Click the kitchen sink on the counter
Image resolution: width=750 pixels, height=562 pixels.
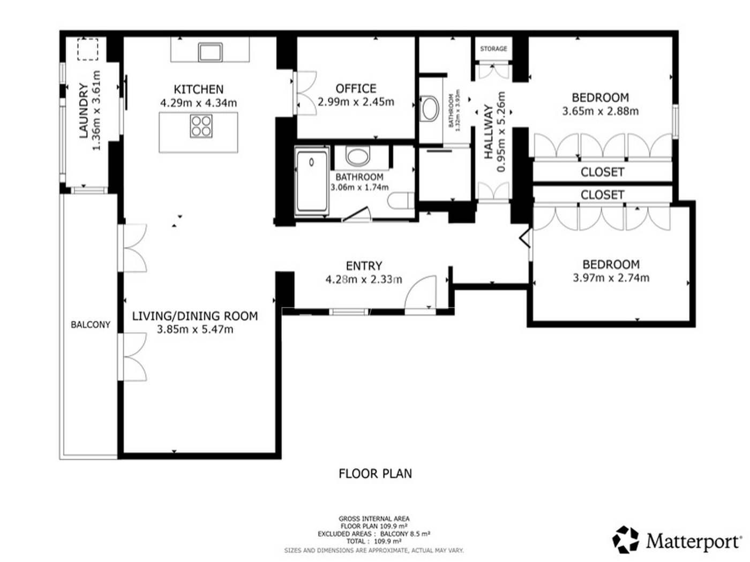[x=210, y=52]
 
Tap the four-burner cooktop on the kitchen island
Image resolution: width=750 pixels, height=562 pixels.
[x=201, y=126]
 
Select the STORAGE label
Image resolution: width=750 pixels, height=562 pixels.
[x=493, y=49]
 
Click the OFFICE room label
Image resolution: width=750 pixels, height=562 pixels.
[x=356, y=89]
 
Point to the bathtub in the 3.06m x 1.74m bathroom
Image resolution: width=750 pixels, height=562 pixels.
[x=311, y=181]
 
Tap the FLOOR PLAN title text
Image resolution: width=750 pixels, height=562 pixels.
[x=375, y=474]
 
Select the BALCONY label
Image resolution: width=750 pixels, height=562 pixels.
[x=91, y=324]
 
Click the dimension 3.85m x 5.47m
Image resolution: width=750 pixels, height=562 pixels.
[x=195, y=330]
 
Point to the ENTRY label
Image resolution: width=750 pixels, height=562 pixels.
[x=364, y=266]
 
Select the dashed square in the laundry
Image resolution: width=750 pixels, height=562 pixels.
[x=88, y=49]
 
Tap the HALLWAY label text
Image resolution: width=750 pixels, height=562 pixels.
[x=489, y=132]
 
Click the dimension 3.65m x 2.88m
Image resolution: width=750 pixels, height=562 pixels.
[x=601, y=111]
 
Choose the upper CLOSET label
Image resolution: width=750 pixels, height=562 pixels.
[x=603, y=172]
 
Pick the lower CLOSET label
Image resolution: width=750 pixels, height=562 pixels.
[x=603, y=195]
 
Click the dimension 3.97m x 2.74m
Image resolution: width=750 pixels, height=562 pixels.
[x=611, y=278]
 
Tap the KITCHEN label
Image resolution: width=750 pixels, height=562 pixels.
[x=199, y=89]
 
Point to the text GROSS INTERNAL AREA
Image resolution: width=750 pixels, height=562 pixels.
[x=374, y=519]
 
